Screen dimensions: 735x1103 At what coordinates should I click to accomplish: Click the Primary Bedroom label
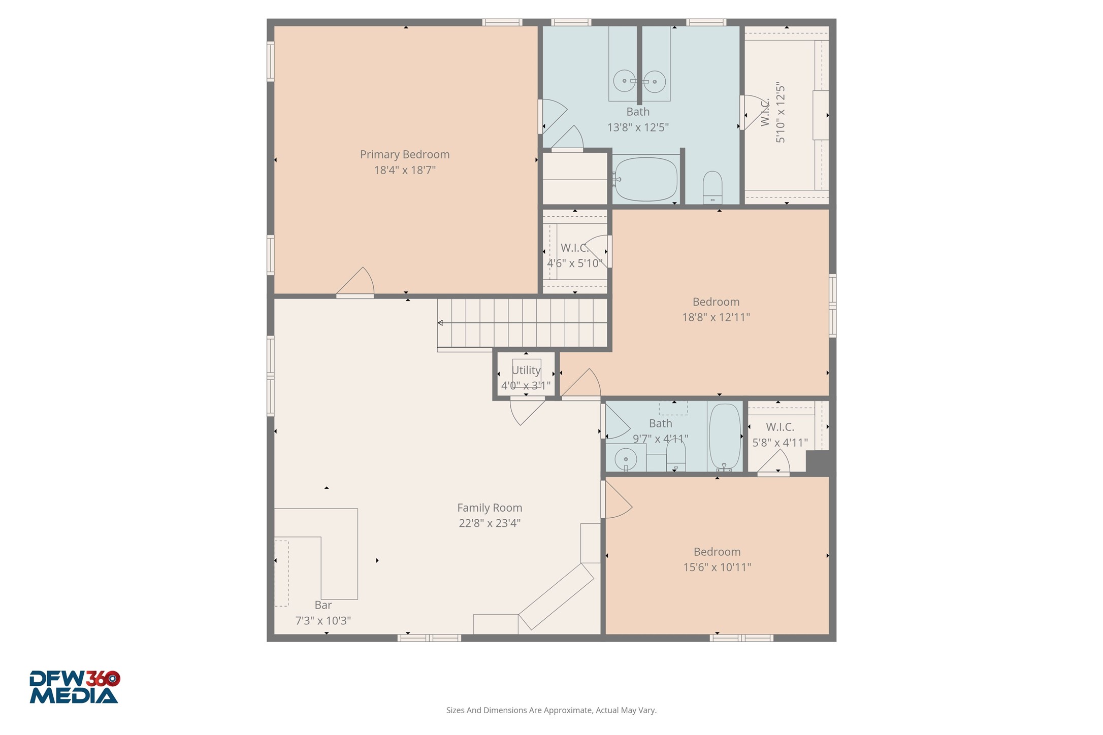[404, 154]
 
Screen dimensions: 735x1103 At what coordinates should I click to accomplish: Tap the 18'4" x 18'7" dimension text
[405, 170]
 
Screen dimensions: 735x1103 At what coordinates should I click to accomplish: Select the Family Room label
[489, 508]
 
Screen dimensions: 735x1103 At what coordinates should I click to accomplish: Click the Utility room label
[526, 370]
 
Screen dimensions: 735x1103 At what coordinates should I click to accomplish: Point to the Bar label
[323, 605]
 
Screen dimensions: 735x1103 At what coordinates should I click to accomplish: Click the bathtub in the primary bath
[645, 179]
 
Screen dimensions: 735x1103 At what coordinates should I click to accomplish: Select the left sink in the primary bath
[624, 81]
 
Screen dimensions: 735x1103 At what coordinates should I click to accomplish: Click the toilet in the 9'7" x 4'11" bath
[676, 455]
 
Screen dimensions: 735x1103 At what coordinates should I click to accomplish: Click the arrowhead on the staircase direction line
[440, 323]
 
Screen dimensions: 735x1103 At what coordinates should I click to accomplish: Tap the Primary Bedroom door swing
[359, 282]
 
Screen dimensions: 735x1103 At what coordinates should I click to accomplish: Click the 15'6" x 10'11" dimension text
[717, 567]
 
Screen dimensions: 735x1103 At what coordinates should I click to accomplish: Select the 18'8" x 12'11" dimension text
[716, 317]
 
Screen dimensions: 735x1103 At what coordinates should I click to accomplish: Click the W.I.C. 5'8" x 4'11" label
[780, 435]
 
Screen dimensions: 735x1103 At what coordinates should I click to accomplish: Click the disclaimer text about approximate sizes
[551, 710]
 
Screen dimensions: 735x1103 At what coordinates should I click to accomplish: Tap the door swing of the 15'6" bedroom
[617, 500]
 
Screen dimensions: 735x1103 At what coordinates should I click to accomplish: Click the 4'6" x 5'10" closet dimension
[574, 263]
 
